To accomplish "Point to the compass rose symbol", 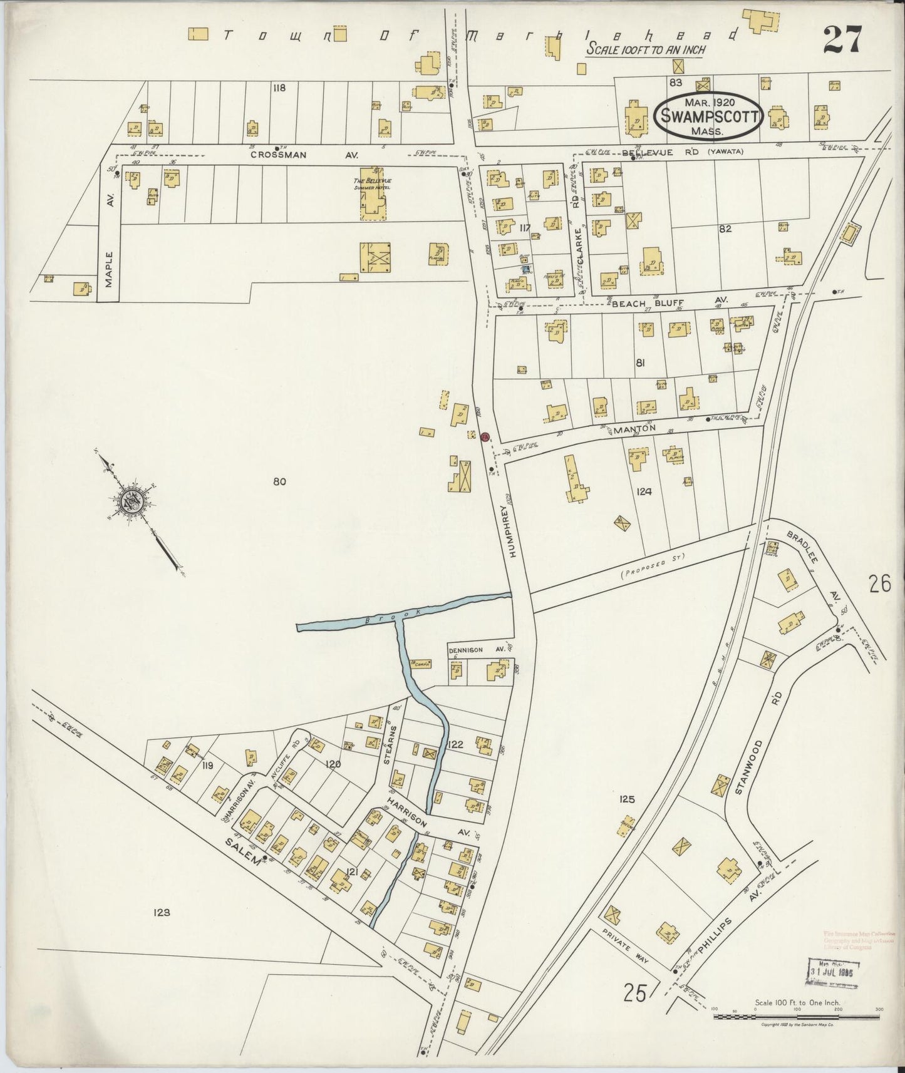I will pos(133,501).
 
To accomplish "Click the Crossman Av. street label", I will pos(279,155).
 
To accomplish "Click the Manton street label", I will pos(634,429).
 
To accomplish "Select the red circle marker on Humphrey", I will pos(485,437).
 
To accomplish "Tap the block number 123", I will pos(162,913).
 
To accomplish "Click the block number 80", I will pos(279,481).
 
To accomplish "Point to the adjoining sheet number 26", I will pos(879,583).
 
